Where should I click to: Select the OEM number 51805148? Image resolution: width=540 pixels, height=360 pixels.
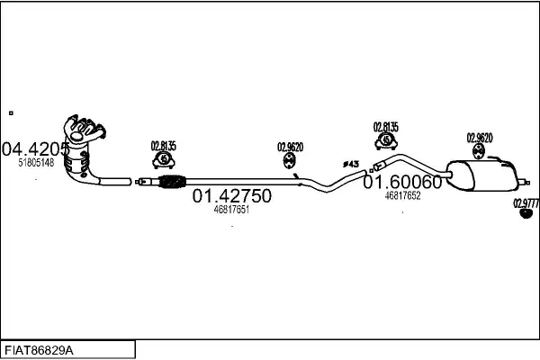[36, 163]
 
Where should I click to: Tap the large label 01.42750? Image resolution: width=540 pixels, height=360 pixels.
[231, 197]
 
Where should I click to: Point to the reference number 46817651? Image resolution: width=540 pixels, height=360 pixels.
[231, 210]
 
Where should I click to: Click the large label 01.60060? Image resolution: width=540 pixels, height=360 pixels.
[402, 182]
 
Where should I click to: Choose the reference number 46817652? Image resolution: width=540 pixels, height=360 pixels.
[402, 194]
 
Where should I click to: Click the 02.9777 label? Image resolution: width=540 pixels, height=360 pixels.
[526, 203]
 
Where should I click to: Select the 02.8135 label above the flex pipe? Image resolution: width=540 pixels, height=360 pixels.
[164, 146]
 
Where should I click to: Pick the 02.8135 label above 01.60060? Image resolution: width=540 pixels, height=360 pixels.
[386, 127]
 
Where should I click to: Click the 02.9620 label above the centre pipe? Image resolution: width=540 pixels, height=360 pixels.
[290, 147]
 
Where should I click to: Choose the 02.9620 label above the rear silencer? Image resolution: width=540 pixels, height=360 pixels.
[479, 138]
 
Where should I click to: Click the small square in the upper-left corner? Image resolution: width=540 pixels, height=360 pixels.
[11, 112]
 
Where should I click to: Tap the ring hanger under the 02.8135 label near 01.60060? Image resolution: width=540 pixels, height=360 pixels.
[386, 141]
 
